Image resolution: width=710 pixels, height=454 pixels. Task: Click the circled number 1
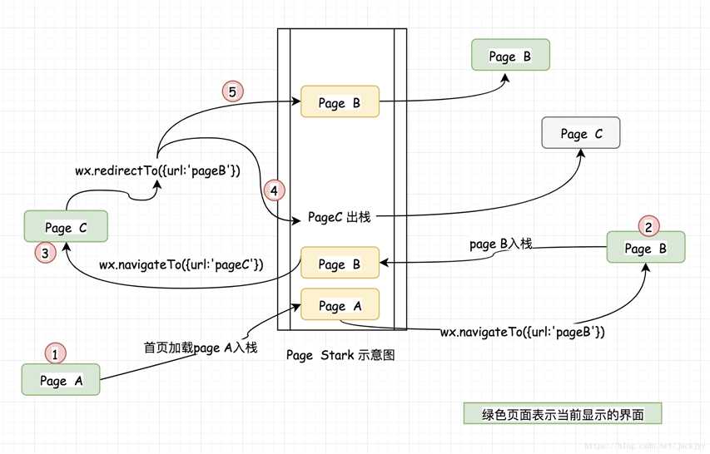point(55,354)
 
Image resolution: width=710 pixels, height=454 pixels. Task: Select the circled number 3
point(45,249)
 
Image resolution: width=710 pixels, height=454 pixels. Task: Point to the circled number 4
point(274,190)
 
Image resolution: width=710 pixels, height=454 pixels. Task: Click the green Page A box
point(61,382)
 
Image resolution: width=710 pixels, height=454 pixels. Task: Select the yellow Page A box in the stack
point(340,306)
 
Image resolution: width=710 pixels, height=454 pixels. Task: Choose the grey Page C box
point(580,134)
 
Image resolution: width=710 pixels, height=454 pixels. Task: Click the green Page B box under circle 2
point(645,249)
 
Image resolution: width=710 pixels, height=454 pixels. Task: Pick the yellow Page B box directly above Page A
point(340,264)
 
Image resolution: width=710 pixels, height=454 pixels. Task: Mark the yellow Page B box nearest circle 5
point(340,103)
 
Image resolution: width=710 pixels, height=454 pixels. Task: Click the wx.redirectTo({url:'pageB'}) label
point(158,172)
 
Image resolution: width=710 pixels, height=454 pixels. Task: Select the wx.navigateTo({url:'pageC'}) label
point(181,265)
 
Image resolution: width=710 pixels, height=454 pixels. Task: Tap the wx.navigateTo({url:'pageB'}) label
point(523,333)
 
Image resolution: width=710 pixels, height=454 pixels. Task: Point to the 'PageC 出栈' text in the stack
point(340,218)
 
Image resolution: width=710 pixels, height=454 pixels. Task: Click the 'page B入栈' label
point(500,244)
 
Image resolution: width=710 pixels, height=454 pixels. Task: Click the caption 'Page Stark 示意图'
point(340,355)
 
